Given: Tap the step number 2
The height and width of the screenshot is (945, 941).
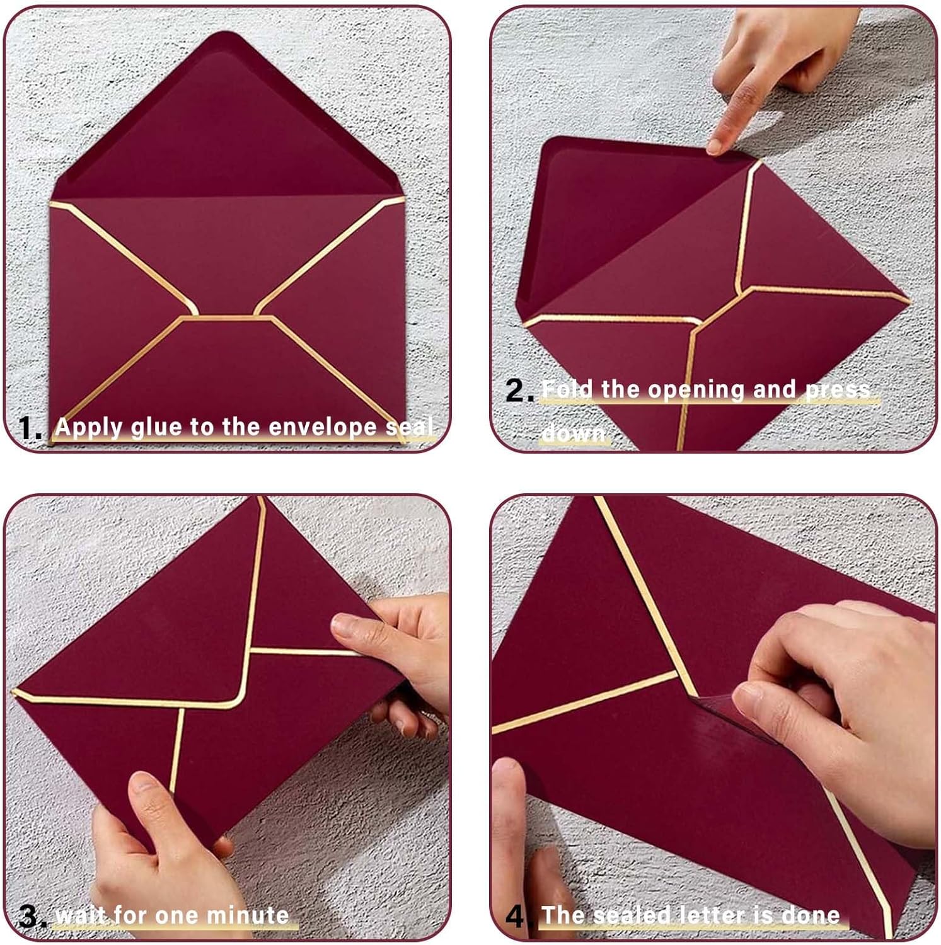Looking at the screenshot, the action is pos(519,391).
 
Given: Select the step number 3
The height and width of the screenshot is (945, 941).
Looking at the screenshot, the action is pos(32,916).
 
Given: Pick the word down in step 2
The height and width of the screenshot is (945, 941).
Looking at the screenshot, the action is pos(574,433).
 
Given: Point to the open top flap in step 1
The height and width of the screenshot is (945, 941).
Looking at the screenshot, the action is pos(227,120).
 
